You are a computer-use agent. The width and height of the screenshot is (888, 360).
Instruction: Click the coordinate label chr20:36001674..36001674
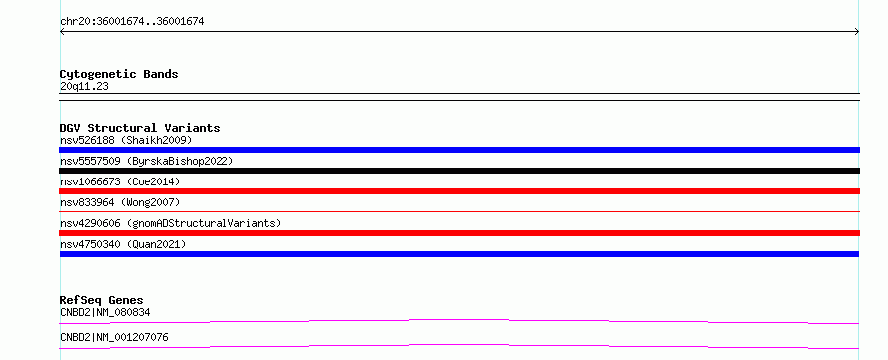click(132, 22)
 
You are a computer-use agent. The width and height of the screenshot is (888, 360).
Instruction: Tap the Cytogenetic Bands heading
click(119, 74)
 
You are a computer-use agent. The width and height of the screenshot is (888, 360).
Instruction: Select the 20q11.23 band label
click(84, 87)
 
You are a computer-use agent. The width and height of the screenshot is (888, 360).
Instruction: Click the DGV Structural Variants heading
click(140, 128)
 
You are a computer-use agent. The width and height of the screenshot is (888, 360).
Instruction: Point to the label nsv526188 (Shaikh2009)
click(126, 140)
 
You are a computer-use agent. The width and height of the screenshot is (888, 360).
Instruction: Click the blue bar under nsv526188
click(459, 150)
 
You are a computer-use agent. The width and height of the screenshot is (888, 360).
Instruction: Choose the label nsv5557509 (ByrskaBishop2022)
click(147, 161)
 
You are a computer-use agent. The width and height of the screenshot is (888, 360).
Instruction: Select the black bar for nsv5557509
click(459, 171)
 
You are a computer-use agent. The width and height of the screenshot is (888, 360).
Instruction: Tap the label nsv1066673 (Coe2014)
click(120, 181)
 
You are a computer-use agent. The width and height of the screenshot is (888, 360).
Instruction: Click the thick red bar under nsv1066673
click(459, 191)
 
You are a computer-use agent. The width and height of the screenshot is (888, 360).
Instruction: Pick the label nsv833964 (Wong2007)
click(120, 202)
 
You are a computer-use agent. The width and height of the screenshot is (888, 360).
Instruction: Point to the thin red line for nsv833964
click(459, 211)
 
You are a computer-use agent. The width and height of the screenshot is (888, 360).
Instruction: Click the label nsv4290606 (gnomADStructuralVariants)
click(171, 223)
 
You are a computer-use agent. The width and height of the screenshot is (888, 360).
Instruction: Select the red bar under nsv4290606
click(459, 233)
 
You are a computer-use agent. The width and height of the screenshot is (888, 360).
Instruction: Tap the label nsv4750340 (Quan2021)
click(123, 244)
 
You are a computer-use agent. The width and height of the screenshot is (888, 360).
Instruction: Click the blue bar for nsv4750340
click(459, 254)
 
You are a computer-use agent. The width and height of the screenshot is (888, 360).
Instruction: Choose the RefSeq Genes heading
click(102, 300)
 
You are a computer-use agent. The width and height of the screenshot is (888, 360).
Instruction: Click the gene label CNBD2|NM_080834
click(105, 312)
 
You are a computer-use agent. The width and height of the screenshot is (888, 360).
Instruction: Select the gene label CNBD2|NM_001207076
click(114, 338)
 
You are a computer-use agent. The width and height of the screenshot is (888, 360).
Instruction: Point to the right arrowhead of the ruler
click(858, 32)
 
